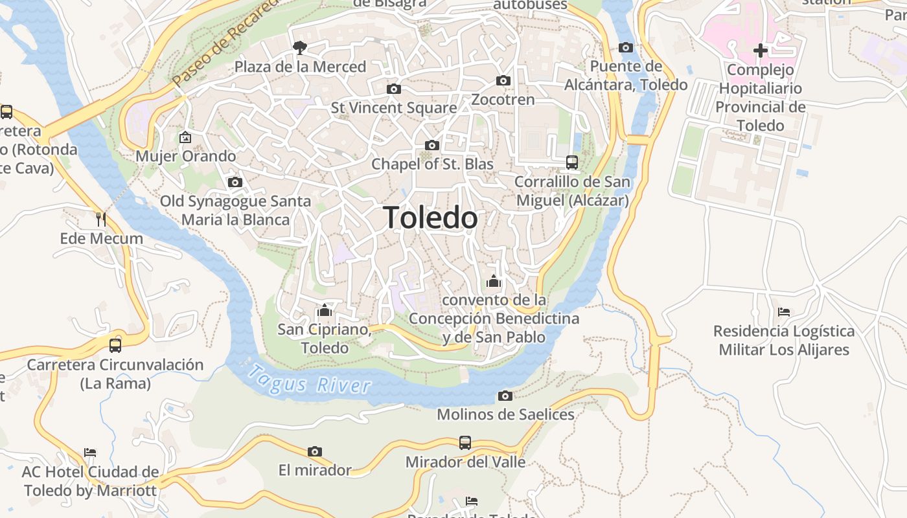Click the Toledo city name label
(430, 218)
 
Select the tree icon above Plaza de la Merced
(299, 47)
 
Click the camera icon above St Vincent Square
(393, 89)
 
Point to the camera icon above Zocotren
(503, 81)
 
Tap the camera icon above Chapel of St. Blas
(432, 145)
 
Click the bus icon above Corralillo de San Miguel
(572, 162)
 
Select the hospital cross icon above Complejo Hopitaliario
(761, 50)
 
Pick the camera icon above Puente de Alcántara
(626, 47)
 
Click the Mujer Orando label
(185, 156)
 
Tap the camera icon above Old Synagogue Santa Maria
(235, 183)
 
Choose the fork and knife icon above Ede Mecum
(101, 220)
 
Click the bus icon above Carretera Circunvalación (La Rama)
(115, 345)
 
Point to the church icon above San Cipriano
(325, 310)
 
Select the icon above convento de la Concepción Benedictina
(494, 282)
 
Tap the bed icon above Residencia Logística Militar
(784, 312)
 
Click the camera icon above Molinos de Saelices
(505, 396)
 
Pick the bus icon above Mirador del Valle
(465, 443)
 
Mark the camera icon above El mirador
(315, 451)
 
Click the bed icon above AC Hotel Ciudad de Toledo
(90, 452)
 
